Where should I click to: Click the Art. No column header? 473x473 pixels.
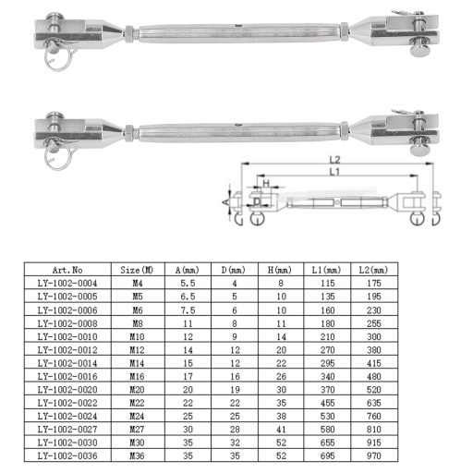pyautogui.click(x=67, y=270)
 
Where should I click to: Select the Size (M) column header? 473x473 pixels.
pyautogui.click(x=137, y=270)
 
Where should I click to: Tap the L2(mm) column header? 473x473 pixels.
pyautogui.click(x=373, y=270)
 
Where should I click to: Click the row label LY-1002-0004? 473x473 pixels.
pyautogui.click(x=67, y=283)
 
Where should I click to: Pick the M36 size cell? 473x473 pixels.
pyautogui.click(x=137, y=455)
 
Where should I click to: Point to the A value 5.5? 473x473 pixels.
pyautogui.click(x=188, y=283)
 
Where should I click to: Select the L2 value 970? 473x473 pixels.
pyautogui.click(x=374, y=455)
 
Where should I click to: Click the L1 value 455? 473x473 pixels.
pyautogui.click(x=327, y=403)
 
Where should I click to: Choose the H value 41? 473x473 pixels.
pyautogui.click(x=281, y=430)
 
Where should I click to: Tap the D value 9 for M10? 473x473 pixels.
pyautogui.click(x=235, y=336)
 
